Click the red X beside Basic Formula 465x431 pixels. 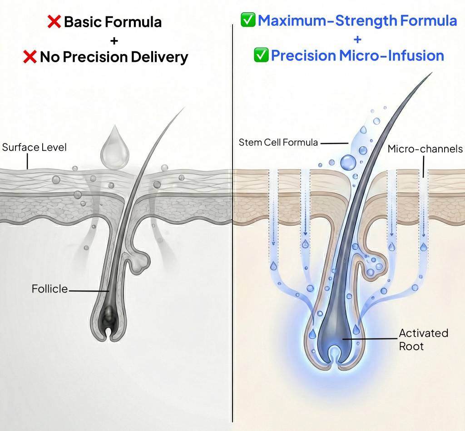pyautogui.click(x=54, y=22)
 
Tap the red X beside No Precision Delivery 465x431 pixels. pyautogui.click(x=30, y=56)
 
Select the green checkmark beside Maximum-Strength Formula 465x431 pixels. pyautogui.click(x=248, y=20)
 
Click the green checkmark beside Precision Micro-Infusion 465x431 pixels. pyautogui.click(x=261, y=55)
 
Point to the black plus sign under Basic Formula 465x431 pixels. pyautogui.click(x=114, y=40)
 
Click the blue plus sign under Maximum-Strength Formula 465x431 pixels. pyautogui.click(x=358, y=39)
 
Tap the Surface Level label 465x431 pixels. pyautogui.click(x=35, y=147)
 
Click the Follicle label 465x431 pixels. pyautogui.click(x=50, y=288)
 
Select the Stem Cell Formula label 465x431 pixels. pyautogui.click(x=278, y=143)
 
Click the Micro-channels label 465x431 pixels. pyautogui.click(x=425, y=149)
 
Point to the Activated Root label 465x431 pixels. pyautogui.click(x=423, y=339)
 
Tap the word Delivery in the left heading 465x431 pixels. pyautogui.click(x=159, y=57)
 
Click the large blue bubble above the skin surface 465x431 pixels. pyautogui.click(x=348, y=163)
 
